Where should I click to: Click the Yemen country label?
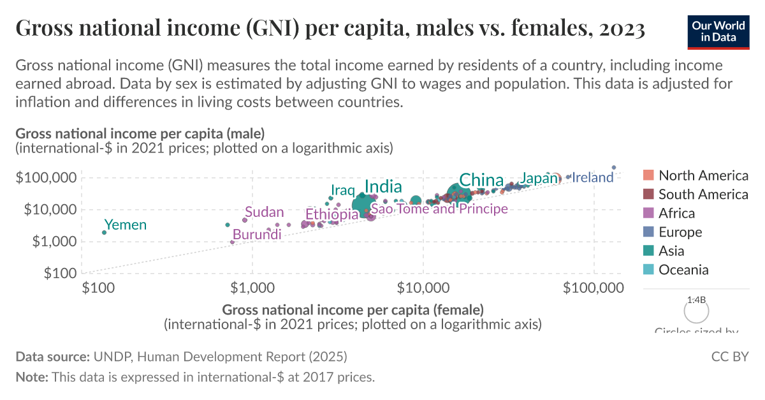[125, 225]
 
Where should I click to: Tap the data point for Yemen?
[104, 232]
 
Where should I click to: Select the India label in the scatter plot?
[382, 187]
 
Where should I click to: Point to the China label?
[481, 181]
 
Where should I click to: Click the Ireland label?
[592, 178]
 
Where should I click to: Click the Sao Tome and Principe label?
[439, 209]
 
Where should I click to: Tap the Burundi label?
[257, 235]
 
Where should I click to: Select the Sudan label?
[264, 212]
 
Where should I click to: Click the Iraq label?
[342, 191]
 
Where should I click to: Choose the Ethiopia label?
[331, 215]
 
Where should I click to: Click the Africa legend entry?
[676, 213]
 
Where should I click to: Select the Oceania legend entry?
[683, 270]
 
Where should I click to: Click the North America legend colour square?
[649, 175]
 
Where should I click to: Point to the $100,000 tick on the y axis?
[45, 177]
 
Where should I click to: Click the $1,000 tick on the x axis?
[253, 288]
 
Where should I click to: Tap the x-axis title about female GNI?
[353, 310]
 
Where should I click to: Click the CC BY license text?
[729, 357]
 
